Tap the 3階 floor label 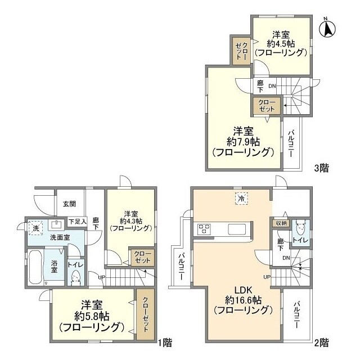click(322, 166)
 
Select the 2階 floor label click(322, 341)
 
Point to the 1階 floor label click(164, 341)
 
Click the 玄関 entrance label click(69, 204)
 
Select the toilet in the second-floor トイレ click(301, 228)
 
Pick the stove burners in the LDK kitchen click(203, 229)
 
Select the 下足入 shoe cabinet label click(78, 222)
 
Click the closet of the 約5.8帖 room click(144, 314)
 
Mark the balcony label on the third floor click(291, 143)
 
